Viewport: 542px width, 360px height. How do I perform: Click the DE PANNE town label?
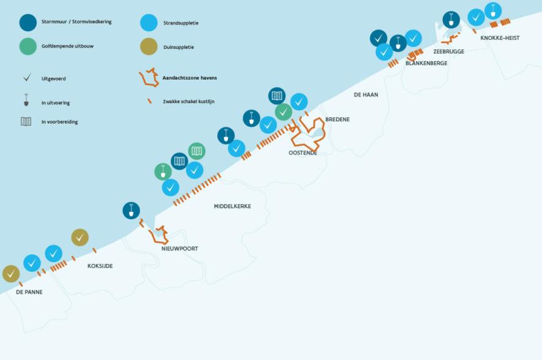[29, 292]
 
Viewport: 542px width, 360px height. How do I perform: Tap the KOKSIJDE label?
[100, 266]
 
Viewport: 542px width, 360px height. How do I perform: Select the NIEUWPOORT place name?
[179, 249]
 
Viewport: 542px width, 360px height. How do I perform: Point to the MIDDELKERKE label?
[232, 206]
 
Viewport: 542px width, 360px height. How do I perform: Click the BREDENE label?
[337, 119]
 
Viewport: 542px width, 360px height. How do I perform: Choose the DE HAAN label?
[366, 95]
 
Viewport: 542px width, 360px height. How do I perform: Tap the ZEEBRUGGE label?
[449, 51]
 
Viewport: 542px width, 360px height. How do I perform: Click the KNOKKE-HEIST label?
[500, 38]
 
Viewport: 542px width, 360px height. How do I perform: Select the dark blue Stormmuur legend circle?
[28, 23]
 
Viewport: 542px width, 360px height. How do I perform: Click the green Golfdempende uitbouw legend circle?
[28, 47]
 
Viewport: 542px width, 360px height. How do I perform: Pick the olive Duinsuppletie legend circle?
[149, 47]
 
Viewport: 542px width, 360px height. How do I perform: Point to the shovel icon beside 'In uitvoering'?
[26, 100]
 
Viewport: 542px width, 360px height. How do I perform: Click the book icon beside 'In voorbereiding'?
[26, 122]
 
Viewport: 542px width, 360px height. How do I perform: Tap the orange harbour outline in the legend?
[149, 77]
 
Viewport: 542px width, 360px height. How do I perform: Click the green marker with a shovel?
[163, 171]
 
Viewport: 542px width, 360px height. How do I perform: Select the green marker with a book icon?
[197, 151]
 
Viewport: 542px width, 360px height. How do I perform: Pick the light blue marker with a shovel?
[493, 10]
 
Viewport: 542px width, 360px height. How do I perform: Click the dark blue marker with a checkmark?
[378, 39]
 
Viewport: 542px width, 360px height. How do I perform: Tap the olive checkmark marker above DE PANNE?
[11, 274]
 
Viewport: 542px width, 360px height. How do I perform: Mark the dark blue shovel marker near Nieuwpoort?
[131, 211]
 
